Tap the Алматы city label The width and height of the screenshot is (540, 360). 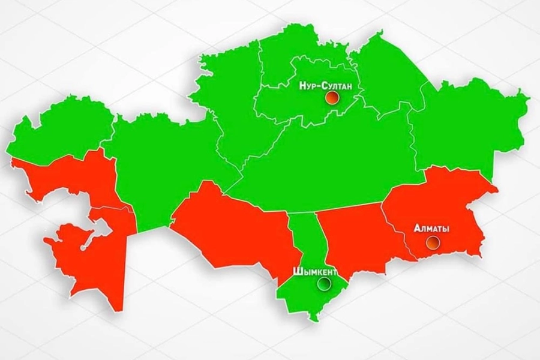click(x=432, y=229)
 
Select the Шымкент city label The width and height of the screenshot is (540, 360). click(x=314, y=271)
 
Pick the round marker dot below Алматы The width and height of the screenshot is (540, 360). click(x=433, y=242)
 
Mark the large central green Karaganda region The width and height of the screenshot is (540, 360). click(x=330, y=162)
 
